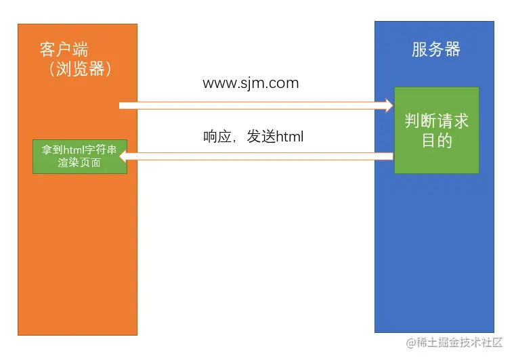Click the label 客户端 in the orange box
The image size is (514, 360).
[64, 49]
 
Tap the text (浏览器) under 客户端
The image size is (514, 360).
[79, 69]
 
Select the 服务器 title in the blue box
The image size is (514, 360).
[435, 49]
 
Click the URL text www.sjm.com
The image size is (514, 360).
[251, 83]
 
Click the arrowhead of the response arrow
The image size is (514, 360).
[124, 156]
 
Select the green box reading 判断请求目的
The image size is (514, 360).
[436, 130]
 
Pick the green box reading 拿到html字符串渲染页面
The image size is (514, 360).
[79, 156]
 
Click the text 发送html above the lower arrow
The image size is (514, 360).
[275, 137]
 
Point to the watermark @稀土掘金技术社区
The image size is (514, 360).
[454, 343]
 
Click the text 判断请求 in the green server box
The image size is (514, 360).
[436, 121]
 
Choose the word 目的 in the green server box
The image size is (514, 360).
[436, 141]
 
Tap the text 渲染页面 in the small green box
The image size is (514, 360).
[79, 163]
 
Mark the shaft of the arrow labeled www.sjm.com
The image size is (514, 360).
[251, 105]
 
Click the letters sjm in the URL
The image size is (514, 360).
[252, 84]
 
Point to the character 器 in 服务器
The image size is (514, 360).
[452, 49]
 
